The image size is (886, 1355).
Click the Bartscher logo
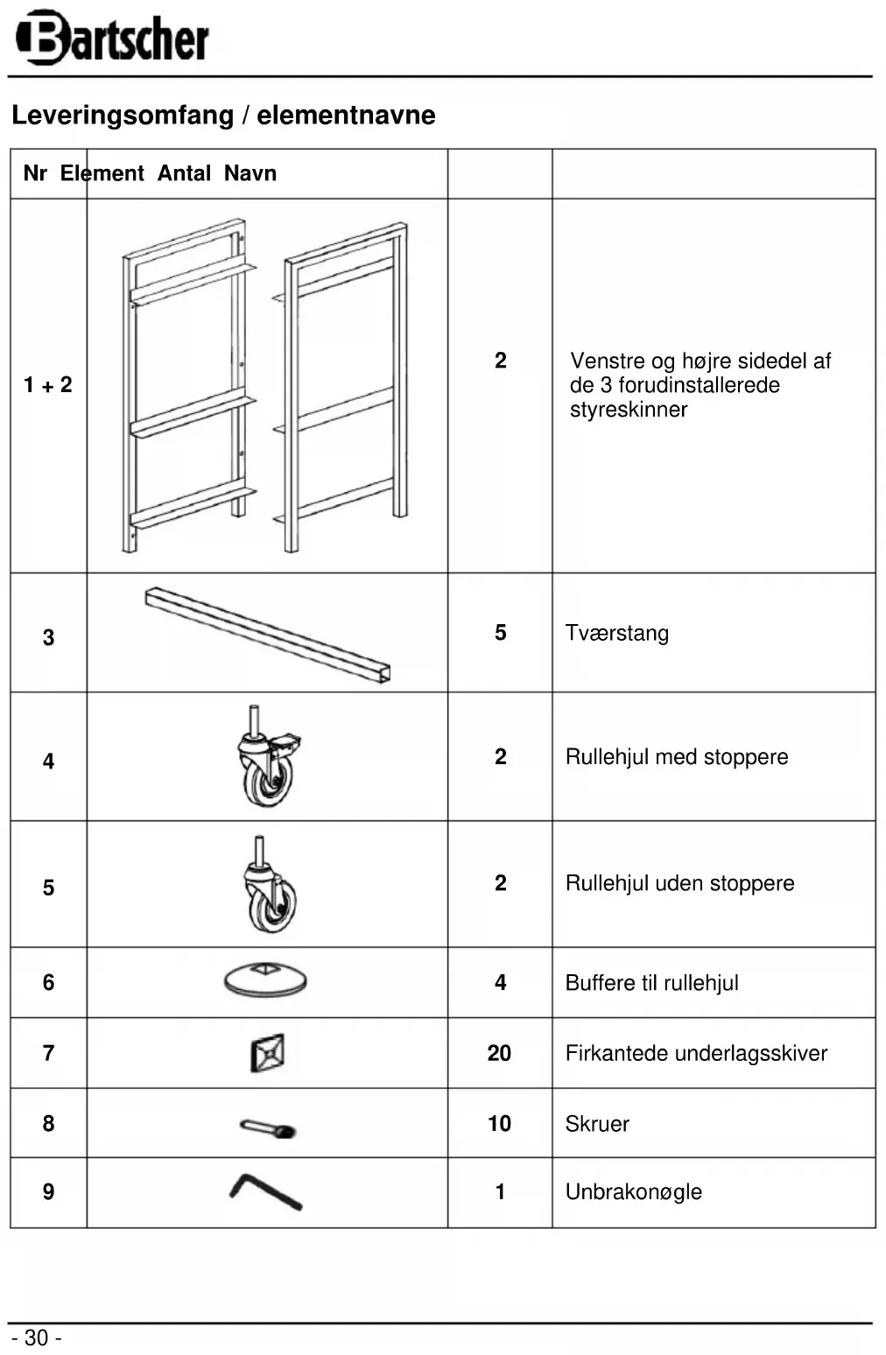click(112, 38)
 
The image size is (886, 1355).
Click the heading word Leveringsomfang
click(123, 115)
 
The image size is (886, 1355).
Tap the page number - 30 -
click(36, 1337)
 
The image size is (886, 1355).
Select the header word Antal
click(184, 173)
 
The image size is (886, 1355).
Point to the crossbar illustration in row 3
click(268, 634)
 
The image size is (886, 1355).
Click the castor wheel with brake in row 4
click(268, 758)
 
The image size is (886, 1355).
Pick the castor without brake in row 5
click(270, 886)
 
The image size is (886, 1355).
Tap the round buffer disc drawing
click(265, 979)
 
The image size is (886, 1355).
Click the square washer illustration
click(267, 1053)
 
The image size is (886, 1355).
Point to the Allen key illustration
click(265, 1191)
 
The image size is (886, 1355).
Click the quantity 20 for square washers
click(499, 1053)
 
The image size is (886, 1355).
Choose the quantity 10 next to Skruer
click(499, 1123)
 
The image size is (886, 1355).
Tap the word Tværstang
click(616, 633)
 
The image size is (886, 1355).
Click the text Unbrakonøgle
click(633, 1191)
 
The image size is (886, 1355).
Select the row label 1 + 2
click(48, 384)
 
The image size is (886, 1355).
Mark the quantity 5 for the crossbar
click(500, 633)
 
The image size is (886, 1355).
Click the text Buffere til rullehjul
click(651, 982)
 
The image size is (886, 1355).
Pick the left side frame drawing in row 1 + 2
click(186, 385)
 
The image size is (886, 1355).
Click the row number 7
click(48, 1053)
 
